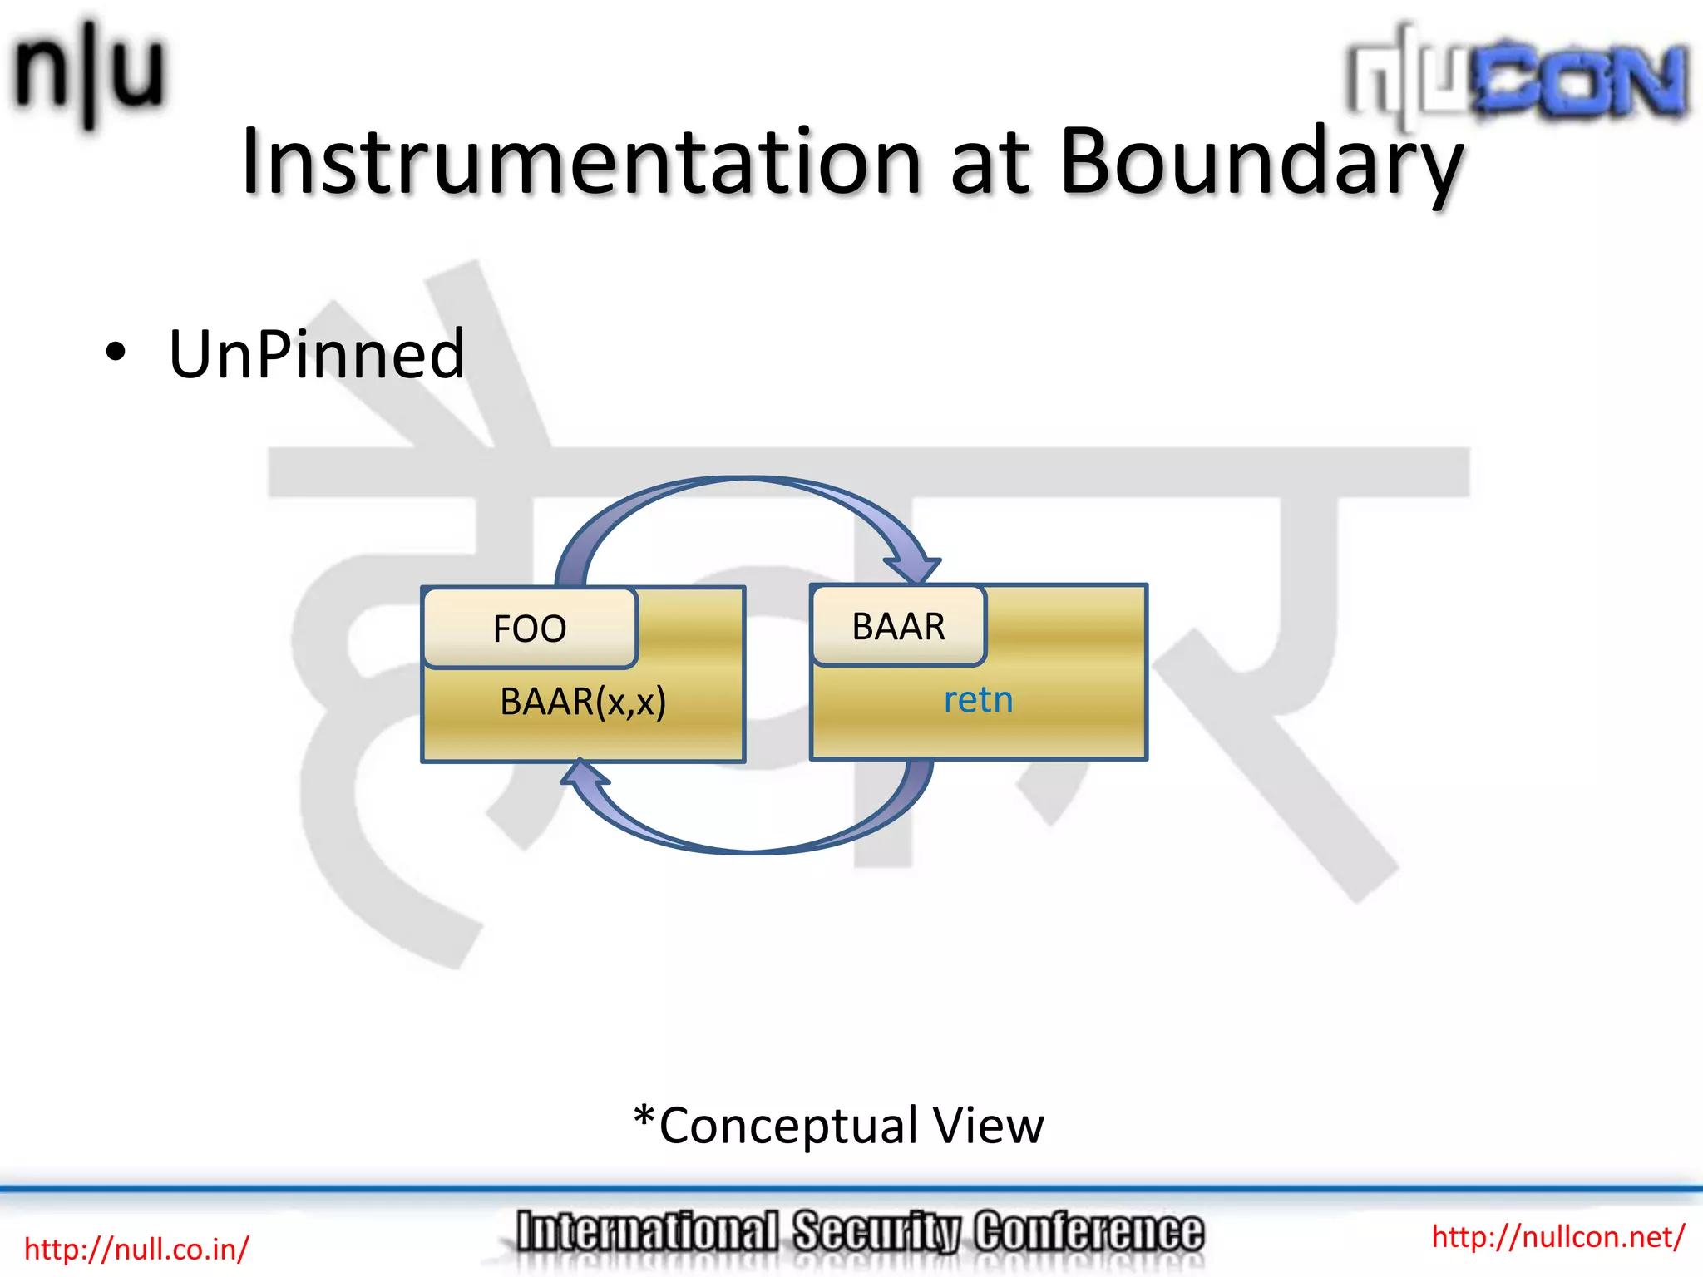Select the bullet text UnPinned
coord(317,355)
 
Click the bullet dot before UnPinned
coord(116,353)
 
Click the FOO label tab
coord(530,629)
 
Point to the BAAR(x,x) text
coord(582,702)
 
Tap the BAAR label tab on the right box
coord(898,626)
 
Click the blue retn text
coord(978,700)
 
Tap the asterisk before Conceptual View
coord(644,1117)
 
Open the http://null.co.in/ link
coord(136,1249)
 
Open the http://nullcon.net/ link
coord(1557,1236)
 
